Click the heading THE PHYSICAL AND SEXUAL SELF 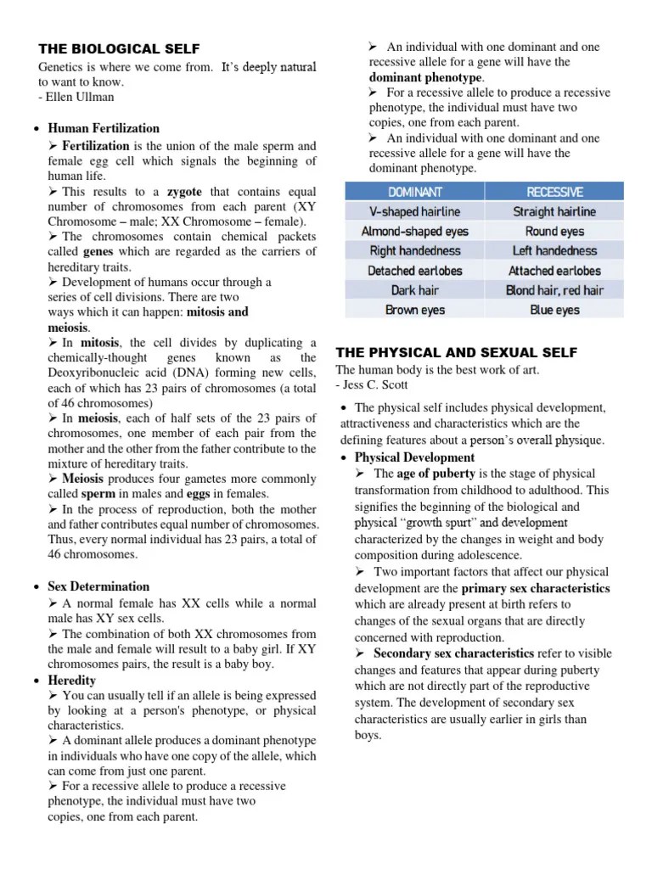(x=457, y=352)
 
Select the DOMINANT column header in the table (x=415, y=192)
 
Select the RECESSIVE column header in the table (x=554, y=192)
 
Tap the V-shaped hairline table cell (x=415, y=211)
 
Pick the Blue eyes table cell (x=554, y=310)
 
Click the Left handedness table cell (x=554, y=250)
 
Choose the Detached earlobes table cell (x=415, y=271)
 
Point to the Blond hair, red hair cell (x=554, y=290)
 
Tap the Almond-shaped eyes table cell (x=415, y=231)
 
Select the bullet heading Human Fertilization (x=104, y=128)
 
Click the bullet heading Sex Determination (x=98, y=586)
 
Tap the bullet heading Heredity (x=72, y=681)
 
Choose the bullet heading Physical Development (x=414, y=457)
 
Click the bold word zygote (x=185, y=193)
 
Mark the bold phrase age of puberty (x=436, y=474)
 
